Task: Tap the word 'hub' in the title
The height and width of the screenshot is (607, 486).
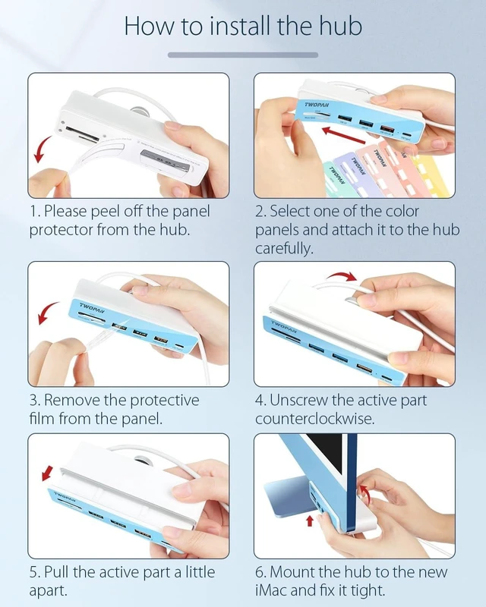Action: click(x=340, y=26)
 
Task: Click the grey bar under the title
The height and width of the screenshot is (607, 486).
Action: click(x=243, y=55)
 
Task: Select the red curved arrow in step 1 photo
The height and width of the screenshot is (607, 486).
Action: click(x=42, y=149)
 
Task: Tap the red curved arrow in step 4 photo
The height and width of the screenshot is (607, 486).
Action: click(x=341, y=275)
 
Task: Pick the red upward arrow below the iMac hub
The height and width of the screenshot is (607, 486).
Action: click(x=310, y=521)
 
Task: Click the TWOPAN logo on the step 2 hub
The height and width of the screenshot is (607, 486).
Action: click(x=317, y=105)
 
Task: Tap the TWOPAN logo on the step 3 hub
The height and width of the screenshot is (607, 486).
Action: click(x=92, y=308)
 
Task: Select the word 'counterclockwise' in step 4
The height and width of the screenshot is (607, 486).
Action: click(x=314, y=419)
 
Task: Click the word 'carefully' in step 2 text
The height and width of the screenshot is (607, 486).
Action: click(x=283, y=248)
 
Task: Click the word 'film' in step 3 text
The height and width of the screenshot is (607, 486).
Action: click(x=42, y=419)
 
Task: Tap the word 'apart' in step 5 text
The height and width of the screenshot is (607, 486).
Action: click(x=47, y=591)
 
